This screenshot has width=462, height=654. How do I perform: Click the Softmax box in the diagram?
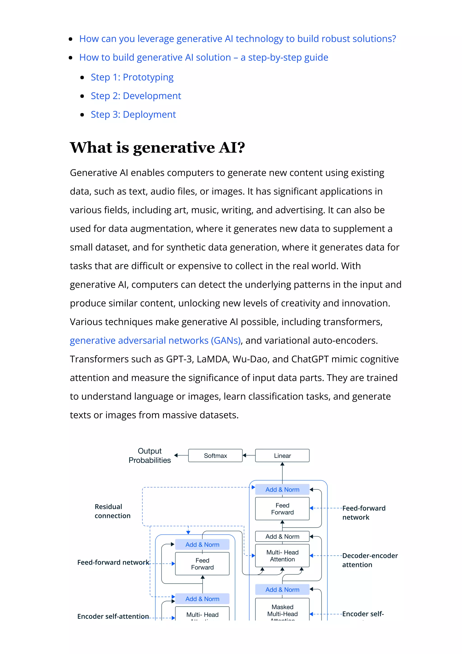pyautogui.click(x=215, y=455)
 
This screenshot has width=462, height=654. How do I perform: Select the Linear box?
pyautogui.click(x=282, y=455)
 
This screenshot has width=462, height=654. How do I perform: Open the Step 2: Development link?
pyautogui.click(x=136, y=96)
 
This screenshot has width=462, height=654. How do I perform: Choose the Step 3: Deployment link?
pyautogui.click(x=133, y=114)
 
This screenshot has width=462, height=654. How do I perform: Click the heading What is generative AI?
pyautogui.click(x=157, y=148)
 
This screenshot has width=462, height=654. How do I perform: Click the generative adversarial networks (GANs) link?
pyautogui.click(x=155, y=340)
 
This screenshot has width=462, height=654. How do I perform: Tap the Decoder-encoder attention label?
pyautogui.click(x=370, y=560)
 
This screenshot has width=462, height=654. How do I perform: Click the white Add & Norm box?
pyautogui.click(x=282, y=536)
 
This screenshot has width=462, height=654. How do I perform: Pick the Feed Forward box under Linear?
pyautogui.click(x=282, y=509)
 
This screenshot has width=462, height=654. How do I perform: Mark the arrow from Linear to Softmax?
pyautogui.click(x=249, y=455)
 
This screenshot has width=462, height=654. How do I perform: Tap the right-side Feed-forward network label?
pyautogui.click(x=363, y=513)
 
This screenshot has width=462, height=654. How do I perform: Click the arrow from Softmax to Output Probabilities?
pyautogui.click(x=181, y=455)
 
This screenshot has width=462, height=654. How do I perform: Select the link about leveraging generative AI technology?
pyautogui.click(x=237, y=39)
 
